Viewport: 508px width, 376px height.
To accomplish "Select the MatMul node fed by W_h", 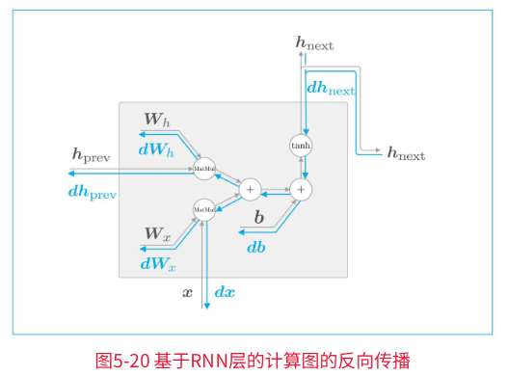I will (204, 168).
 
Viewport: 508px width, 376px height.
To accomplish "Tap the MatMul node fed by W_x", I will (204, 208).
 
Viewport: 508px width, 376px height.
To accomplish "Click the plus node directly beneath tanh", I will (303, 189).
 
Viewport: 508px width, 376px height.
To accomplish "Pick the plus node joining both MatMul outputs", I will (250, 189).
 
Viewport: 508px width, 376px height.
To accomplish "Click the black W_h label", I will (157, 120).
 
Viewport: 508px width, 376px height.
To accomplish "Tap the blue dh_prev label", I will (93, 192).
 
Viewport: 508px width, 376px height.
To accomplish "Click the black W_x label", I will (157, 233).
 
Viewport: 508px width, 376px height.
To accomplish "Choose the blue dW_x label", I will (157, 262).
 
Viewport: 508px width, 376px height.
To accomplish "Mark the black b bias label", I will (258, 219).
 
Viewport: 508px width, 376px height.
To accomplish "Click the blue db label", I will (256, 247).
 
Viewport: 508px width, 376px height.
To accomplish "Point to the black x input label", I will (188, 290).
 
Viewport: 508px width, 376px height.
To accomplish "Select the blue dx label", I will (224, 290).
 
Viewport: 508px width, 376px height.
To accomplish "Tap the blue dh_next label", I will (331, 88).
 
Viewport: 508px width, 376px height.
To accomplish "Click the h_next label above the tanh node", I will (314, 42).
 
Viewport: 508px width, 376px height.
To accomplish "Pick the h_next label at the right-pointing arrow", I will (406, 153).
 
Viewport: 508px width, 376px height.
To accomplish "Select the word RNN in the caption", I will (204, 360).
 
